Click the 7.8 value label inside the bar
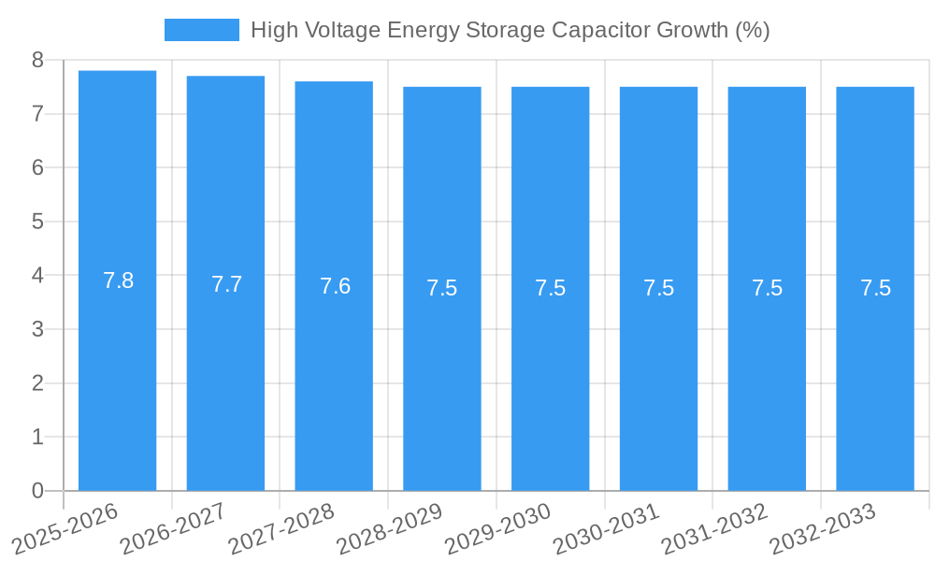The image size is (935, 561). coord(118,280)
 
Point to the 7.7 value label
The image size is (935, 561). coord(226,284)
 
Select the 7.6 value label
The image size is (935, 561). coord(335,286)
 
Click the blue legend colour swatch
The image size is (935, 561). coord(201,30)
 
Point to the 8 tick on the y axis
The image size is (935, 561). coord(37,61)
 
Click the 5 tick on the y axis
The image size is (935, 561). coord(37,222)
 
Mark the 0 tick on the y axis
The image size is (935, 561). coord(37,491)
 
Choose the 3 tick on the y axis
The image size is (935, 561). coord(37,329)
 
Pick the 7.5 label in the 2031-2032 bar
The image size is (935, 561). coord(767,288)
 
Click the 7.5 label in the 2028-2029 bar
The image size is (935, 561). coord(441,288)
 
